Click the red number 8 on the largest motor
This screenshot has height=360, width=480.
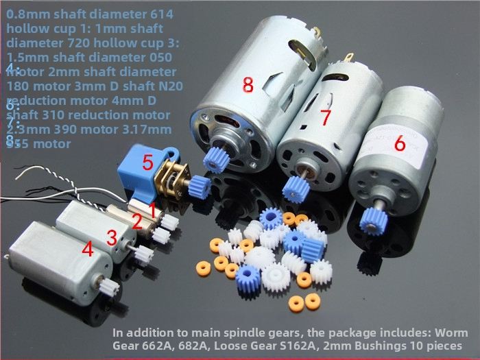(248, 85)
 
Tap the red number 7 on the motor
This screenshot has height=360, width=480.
(326, 117)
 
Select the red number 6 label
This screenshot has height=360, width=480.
(400, 145)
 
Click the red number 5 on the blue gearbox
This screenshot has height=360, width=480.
(147, 163)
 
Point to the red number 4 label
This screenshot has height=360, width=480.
(87, 249)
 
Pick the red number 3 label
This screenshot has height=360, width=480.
(111, 238)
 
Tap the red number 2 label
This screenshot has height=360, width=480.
(137, 221)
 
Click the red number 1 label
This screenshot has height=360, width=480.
(154, 206)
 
